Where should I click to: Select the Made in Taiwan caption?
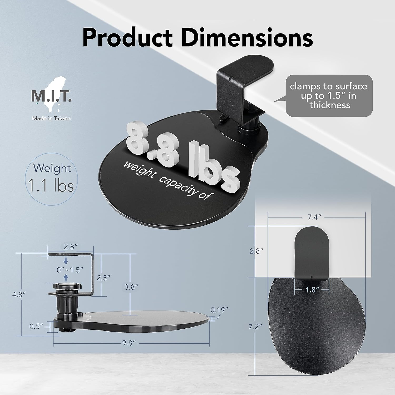[51, 118]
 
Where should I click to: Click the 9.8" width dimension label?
[129, 343]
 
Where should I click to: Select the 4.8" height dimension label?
[19, 295]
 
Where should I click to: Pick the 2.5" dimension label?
[103, 278]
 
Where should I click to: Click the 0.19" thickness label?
[219, 310]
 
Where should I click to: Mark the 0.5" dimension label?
[36, 327]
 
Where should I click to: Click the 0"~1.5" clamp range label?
[70, 270]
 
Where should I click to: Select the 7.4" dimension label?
[314, 217]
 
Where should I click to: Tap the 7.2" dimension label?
[255, 327]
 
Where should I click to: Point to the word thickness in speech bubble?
[330, 105]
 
